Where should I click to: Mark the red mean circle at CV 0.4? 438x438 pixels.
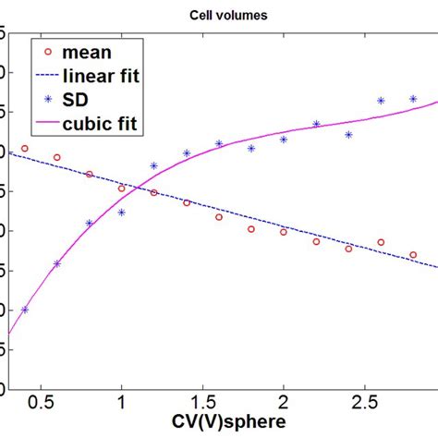[25, 148]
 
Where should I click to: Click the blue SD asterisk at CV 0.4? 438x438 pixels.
[25, 310]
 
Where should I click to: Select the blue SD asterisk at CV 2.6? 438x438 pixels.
[381, 100]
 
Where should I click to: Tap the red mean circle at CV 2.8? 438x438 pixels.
[413, 255]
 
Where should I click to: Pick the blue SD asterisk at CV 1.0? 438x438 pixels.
[122, 212]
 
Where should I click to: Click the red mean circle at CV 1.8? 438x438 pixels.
[251, 228]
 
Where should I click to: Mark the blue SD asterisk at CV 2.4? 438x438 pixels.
[348, 134]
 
